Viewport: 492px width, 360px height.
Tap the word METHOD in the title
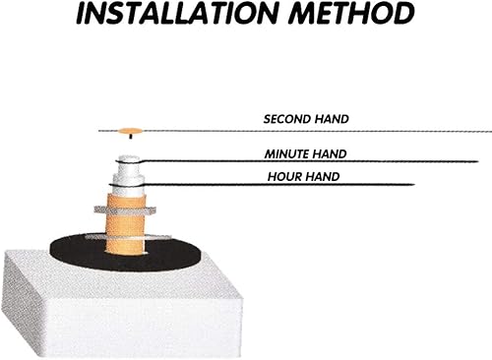tap(351, 13)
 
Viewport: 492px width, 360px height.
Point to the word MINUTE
tap(286, 154)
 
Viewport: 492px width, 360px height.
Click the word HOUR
tap(284, 177)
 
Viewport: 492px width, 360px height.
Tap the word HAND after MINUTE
tap(329, 154)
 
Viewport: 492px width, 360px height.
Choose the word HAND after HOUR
tap(322, 177)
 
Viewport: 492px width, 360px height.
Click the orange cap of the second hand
tap(130, 131)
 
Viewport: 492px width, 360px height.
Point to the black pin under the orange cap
tap(131, 136)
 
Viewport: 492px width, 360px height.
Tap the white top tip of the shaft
tap(129, 158)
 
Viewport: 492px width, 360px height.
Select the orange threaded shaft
tap(126, 224)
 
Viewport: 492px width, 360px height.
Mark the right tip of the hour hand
tap(414, 185)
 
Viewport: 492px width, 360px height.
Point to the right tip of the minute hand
tap(478, 161)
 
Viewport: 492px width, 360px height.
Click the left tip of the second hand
tap(99, 131)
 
